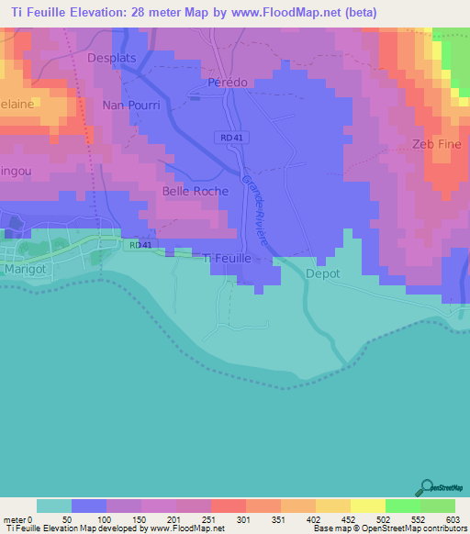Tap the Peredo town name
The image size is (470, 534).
228,82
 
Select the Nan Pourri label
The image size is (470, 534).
131,105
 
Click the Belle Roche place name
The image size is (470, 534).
195,191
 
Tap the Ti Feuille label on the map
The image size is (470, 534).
239,260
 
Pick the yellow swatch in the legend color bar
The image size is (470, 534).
366,506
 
